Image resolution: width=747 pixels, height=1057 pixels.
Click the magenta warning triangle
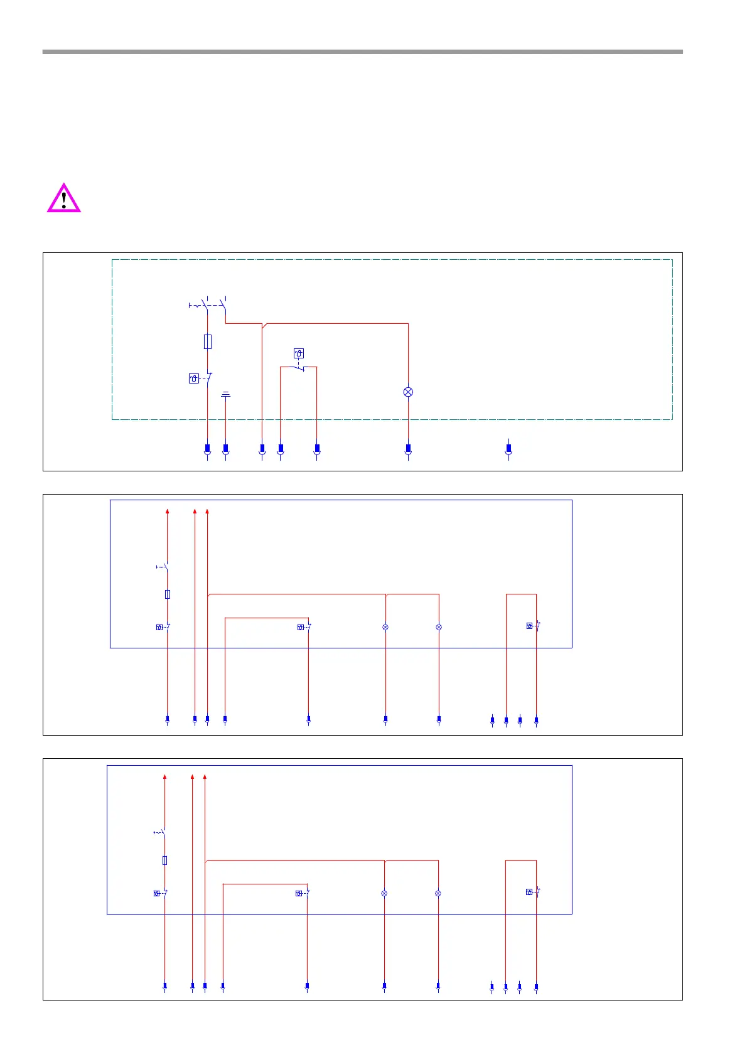64,199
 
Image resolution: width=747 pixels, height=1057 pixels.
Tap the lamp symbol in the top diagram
408,392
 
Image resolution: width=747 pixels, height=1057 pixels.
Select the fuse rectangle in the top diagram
208,341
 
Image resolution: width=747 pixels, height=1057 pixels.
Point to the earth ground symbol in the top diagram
226,395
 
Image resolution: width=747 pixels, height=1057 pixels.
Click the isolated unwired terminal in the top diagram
508,449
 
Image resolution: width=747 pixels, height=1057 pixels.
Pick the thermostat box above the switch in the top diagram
299,353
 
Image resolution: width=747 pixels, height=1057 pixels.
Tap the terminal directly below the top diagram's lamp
408,449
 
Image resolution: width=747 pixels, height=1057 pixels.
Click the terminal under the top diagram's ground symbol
226,449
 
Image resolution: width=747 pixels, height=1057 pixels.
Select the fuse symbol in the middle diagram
168,594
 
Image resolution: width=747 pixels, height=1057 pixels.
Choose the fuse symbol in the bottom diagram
165,860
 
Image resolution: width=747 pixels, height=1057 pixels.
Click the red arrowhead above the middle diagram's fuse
168,512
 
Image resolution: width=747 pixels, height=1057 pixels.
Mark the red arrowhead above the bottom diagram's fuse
165,777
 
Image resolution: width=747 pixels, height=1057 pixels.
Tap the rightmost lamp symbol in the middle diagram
439,627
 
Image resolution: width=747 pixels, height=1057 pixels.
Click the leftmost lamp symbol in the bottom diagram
384,893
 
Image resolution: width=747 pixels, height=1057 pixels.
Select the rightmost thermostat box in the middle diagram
529,626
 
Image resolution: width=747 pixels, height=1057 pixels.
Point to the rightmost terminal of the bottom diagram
536,987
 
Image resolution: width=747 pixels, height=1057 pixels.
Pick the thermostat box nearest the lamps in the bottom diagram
299,893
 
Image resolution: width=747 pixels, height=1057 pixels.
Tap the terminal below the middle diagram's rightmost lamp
439,719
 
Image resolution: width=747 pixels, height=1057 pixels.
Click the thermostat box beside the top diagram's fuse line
194,378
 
